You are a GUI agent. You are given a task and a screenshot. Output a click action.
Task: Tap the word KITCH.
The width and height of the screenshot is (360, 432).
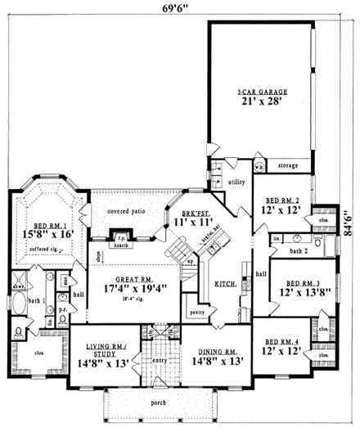coord(226,283)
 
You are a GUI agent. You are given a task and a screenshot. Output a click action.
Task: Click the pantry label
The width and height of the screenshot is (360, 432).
coord(196,312)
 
